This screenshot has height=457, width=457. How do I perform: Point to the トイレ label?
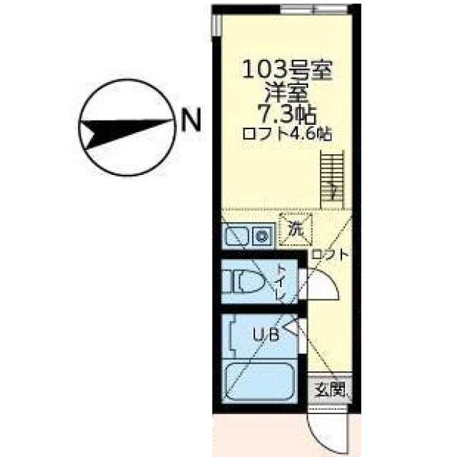tap(281, 283)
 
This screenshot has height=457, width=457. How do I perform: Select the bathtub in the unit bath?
tap(259, 386)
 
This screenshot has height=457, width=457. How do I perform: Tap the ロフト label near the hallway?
tap(329, 253)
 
